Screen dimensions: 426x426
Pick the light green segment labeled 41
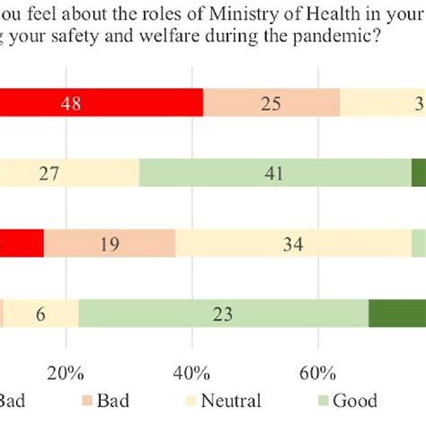[x=275, y=172]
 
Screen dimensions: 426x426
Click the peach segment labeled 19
[x=110, y=243]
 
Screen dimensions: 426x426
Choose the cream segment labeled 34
[x=293, y=243]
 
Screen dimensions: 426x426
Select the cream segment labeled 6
[x=41, y=313]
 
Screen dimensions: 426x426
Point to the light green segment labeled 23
[x=223, y=313]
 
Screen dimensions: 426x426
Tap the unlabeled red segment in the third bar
[x=22, y=243]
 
